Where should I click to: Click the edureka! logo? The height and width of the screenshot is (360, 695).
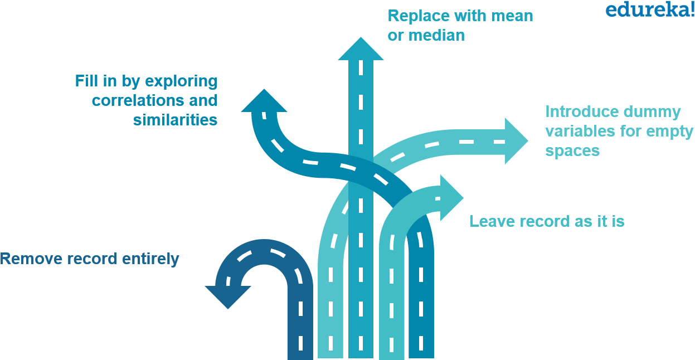tap(649, 9)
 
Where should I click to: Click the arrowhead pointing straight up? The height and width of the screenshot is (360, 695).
tap(361, 49)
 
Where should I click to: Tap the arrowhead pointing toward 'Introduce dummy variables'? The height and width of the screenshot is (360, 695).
tap(515, 141)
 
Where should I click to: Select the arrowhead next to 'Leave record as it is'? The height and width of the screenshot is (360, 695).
tap(450, 198)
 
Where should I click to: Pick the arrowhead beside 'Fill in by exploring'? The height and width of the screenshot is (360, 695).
tap(264, 102)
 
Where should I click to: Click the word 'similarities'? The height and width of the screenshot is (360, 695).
tap(175, 120)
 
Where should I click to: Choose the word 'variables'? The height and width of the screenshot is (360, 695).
tap(580, 132)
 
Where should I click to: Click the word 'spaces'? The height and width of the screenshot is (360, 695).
tap(572, 151)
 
